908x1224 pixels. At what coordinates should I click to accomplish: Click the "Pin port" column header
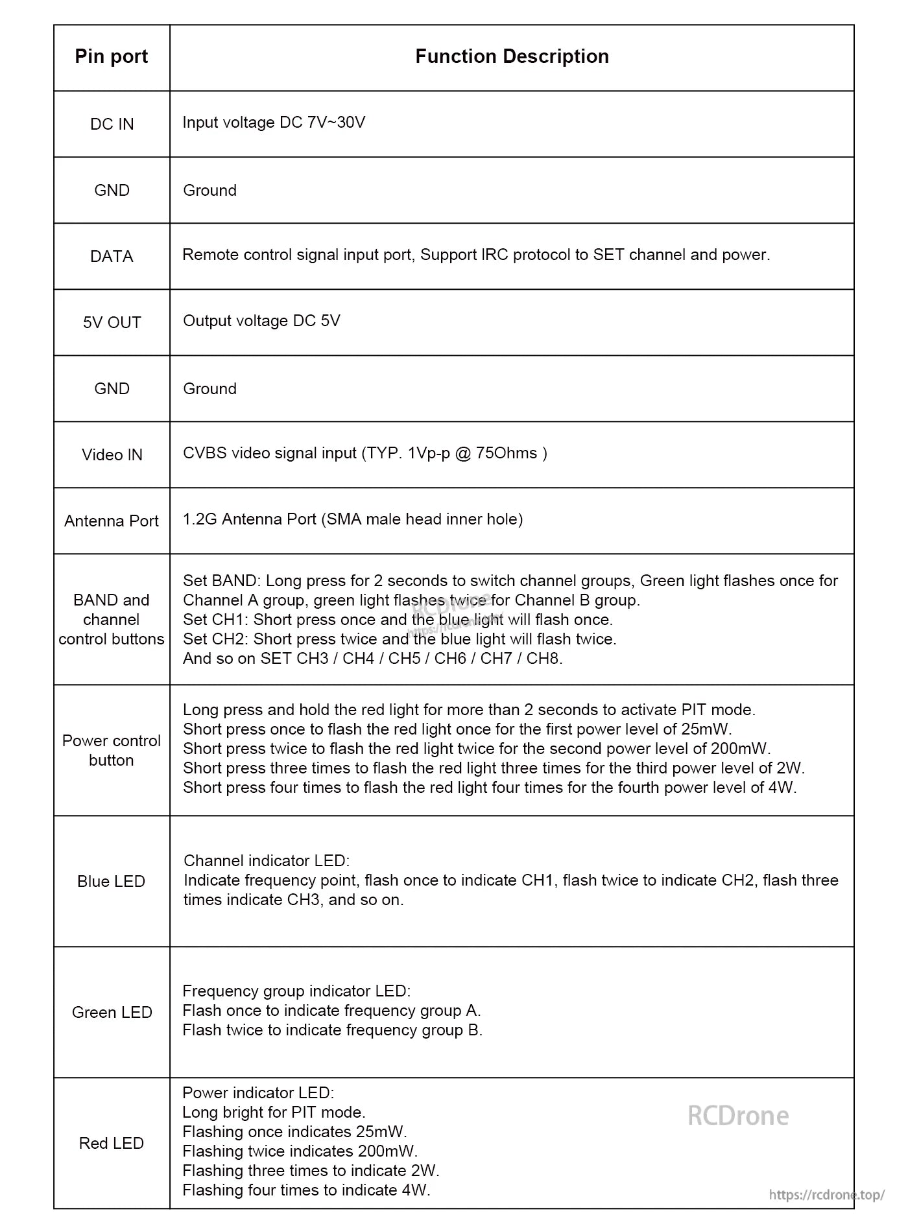click(x=112, y=57)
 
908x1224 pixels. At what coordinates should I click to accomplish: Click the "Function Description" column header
click(x=512, y=57)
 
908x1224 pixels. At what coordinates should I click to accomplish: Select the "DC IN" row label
click(x=112, y=124)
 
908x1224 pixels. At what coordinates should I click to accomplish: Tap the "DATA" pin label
click(x=112, y=257)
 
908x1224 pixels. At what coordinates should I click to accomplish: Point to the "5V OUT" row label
click(x=112, y=323)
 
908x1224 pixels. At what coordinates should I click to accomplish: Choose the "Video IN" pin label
click(x=112, y=455)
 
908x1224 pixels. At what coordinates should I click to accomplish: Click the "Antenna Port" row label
click(x=112, y=521)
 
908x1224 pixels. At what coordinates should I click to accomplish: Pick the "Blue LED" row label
click(x=112, y=882)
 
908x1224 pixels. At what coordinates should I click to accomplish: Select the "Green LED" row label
click(x=112, y=1013)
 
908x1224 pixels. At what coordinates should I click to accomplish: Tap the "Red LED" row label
click(x=112, y=1144)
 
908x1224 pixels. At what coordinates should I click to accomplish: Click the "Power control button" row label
click(x=112, y=751)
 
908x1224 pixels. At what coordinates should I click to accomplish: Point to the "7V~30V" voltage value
click(x=336, y=123)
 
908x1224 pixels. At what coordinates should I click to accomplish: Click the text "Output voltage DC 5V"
click(x=261, y=321)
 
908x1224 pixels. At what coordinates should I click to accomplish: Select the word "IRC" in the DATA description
click(x=496, y=255)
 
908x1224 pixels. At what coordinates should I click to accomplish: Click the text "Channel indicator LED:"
click(x=267, y=861)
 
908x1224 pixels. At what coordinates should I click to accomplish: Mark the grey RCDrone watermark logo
click(x=738, y=1116)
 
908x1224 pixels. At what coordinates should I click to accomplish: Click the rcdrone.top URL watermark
click(x=826, y=1195)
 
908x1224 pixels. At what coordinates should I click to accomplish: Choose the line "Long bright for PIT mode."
click(x=274, y=1112)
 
